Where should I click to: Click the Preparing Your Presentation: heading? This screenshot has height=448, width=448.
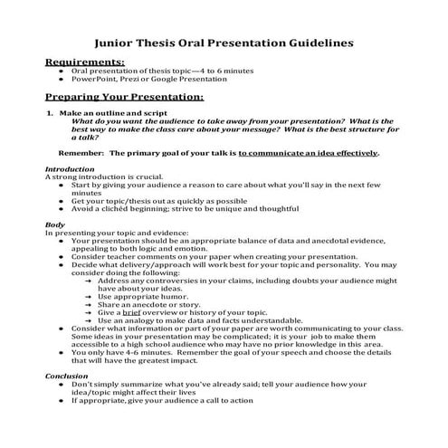point(124,96)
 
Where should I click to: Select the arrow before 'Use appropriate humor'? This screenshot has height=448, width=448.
point(88,297)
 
